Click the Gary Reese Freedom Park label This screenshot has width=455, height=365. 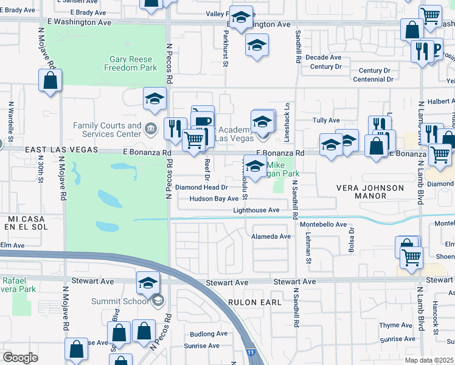tap(133, 63)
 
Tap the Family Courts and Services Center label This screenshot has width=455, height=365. tap(107, 130)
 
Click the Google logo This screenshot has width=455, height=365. tap(20, 358)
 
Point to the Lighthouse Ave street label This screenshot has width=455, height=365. tap(256, 210)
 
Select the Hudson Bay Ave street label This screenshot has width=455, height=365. tap(214, 198)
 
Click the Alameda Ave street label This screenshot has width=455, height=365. tap(271, 236)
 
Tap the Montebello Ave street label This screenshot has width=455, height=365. tap(323, 224)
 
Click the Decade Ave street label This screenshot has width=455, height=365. tap(323, 57)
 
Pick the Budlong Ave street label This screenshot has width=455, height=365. tap(209, 334)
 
